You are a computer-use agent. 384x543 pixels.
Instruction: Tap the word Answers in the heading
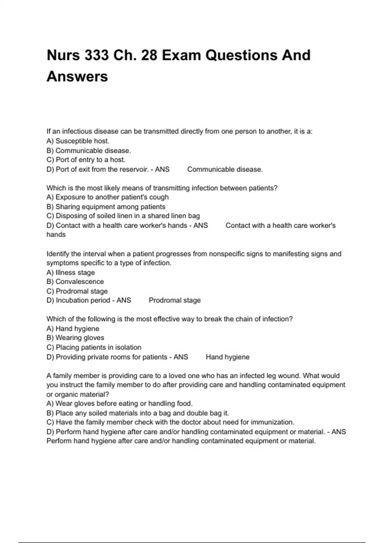[x=77, y=77]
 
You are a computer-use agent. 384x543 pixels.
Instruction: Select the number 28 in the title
[x=149, y=55]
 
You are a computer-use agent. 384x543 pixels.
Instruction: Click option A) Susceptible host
[x=78, y=141]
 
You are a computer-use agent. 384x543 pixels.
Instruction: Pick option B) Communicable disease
[x=89, y=150]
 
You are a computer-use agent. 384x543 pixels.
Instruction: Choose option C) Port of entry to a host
[x=86, y=160]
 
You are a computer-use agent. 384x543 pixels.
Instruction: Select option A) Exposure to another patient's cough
[x=107, y=197]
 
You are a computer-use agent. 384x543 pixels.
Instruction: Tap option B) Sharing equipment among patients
[x=106, y=207]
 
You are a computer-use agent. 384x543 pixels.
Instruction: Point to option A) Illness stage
[x=70, y=272]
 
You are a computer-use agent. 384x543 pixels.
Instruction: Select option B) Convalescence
[x=75, y=282]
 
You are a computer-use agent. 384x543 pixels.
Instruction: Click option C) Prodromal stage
[x=77, y=291]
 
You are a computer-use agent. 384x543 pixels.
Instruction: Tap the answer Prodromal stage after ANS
[x=175, y=300]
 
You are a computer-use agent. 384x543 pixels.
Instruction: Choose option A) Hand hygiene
[x=73, y=328]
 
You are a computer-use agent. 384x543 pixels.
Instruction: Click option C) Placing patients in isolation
[x=93, y=347]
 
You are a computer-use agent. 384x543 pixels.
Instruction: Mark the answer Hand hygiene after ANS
[x=228, y=357]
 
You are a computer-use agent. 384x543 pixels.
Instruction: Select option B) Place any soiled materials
[x=138, y=413]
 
